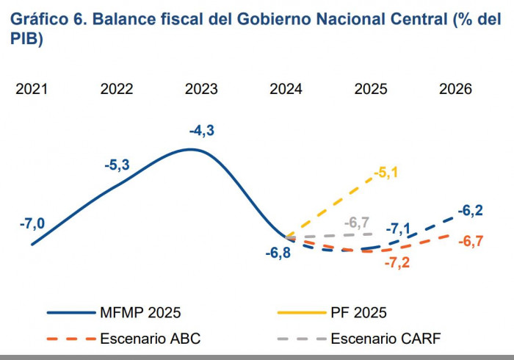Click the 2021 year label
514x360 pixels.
click(32, 89)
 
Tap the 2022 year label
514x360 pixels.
click(117, 89)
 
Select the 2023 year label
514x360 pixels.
click(201, 89)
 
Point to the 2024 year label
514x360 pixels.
click(286, 89)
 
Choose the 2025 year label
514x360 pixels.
click(371, 89)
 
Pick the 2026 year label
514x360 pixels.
click(455, 89)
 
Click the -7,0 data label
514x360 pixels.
click(32, 223)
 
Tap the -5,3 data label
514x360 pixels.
click(117, 165)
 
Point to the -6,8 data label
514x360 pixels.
click(278, 253)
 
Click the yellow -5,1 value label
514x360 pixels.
click(386, 173)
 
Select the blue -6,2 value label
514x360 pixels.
click(470, 211)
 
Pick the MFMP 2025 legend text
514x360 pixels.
click(140, 312)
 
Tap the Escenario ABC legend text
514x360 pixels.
click(150, 339)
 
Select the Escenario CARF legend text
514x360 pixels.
click(385, 339)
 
